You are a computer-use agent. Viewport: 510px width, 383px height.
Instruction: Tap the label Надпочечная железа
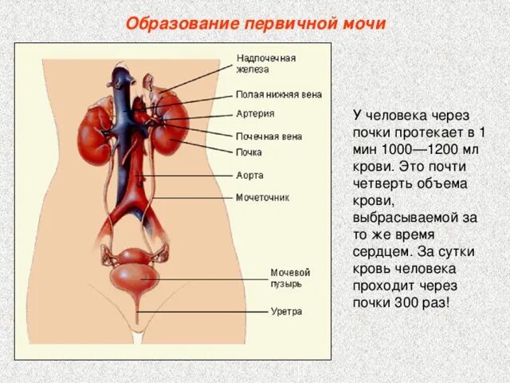pyautogui.click(x=266, y=64)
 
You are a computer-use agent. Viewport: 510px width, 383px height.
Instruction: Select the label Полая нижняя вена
pyautogui.click(x=279, y=94)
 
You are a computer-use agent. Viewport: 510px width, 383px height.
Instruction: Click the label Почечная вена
pyautogui.click(x=269, y=136)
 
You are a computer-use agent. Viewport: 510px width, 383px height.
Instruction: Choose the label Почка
pyautogui.click(x=249, y=152)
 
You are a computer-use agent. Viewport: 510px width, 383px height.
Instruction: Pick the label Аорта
pyautogui.click(x=249, y=175)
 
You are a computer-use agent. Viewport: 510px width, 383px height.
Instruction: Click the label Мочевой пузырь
pyautogui.click(x=290, y=278)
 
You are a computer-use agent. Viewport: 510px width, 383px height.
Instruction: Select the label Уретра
pyautogui.click(x=286, y=311)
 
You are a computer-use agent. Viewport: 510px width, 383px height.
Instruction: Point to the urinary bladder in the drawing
pyautogui.click(x=136, y=274)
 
